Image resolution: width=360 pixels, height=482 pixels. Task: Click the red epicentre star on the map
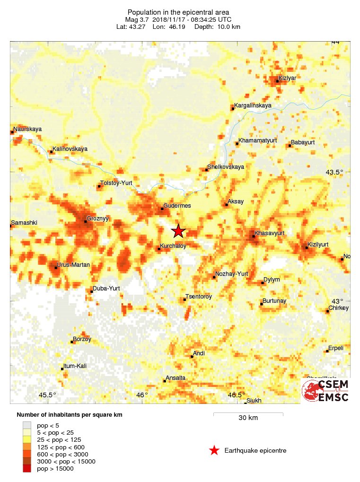178,231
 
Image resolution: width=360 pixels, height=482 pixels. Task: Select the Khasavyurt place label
269,233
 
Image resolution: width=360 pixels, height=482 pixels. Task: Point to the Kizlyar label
287,78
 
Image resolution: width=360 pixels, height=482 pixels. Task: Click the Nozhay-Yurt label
231,274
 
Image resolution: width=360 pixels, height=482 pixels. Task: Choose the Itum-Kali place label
77,366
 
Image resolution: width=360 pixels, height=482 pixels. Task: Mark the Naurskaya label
28,129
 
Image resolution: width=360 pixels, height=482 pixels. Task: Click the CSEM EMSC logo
325,390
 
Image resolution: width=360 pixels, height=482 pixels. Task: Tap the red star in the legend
214,450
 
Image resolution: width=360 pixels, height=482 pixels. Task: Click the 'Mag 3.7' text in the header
136,19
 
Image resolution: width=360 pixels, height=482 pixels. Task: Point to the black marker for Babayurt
290,145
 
